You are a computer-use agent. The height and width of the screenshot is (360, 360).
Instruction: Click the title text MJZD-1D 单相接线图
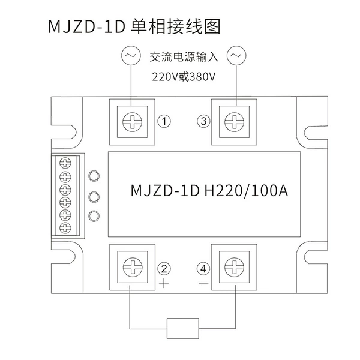point(134,27)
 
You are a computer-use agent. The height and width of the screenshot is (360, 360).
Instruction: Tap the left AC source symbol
point(131,56)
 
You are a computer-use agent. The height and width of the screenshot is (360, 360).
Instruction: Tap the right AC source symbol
point(236,56)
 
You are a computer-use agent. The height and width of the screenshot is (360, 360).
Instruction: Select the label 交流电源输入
point(184,57)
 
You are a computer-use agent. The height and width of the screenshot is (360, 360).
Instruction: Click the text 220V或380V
point(184,77)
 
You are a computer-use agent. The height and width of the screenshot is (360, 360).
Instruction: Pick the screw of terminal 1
point(132,122)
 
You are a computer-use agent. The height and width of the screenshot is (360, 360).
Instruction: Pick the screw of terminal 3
point(234,122)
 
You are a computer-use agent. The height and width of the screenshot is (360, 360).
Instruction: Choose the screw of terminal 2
point(133,267)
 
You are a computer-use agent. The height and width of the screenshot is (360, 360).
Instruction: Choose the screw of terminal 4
point(234,267)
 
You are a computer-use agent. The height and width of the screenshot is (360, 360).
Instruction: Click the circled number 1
point(164,121)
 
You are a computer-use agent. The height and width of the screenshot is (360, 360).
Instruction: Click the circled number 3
point(203,121)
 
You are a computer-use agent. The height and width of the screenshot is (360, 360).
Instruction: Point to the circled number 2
point(164,268)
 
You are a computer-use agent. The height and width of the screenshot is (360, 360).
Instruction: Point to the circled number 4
point(203,268)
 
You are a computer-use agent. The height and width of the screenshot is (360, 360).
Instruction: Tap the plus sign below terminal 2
point(164,283)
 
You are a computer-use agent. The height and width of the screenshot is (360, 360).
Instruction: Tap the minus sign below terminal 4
point(203,283)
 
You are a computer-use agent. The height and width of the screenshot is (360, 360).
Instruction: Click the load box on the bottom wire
point(183,328)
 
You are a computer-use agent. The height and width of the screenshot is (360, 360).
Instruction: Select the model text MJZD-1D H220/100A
point(209,191)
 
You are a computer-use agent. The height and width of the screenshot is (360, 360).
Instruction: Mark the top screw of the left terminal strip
point(65,163)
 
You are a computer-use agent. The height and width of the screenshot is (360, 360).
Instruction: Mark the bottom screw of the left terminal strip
point(65,228)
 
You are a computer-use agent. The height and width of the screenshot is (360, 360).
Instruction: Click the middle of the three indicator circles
point(94,197)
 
